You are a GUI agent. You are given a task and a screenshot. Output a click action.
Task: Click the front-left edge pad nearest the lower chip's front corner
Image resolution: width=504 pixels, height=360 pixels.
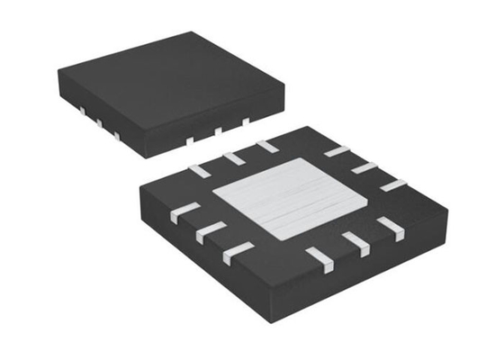click(x=238, y=253)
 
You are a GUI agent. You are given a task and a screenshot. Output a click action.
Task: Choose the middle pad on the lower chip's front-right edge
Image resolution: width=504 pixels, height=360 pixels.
click(x=355, y=243)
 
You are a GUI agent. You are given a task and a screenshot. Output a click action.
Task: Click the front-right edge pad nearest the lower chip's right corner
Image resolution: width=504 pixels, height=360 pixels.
click(x=389, y=227)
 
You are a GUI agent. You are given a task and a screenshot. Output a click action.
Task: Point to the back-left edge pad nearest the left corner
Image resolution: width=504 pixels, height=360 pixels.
click(x=200, y=169)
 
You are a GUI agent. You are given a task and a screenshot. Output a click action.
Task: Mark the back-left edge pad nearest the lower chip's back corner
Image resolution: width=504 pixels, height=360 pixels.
click(x=266, y=146)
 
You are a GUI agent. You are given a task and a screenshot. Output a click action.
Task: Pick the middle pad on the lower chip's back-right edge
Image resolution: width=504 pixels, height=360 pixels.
click(x=364, y=167)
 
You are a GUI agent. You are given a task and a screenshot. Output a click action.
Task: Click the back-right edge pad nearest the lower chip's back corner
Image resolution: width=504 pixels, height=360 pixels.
click(x=337, y=150)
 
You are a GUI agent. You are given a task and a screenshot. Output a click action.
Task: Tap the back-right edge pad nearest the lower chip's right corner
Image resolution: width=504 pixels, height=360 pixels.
click(x=393, y=185)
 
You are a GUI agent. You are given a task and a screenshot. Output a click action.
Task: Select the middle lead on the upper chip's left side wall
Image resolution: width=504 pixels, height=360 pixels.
click(x=99, y=122)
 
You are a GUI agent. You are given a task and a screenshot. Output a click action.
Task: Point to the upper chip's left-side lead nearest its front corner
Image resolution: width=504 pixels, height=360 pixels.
click(x=116, y=136)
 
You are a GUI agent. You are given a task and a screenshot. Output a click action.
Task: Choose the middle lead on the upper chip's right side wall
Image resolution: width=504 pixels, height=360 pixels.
click(x=217, y=131)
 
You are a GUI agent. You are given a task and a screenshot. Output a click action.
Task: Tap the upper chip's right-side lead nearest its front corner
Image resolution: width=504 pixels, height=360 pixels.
click(x=189, y=140)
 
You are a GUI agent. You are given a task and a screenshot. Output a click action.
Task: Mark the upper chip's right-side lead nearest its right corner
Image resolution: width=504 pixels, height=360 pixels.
click(x=245, y=120)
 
